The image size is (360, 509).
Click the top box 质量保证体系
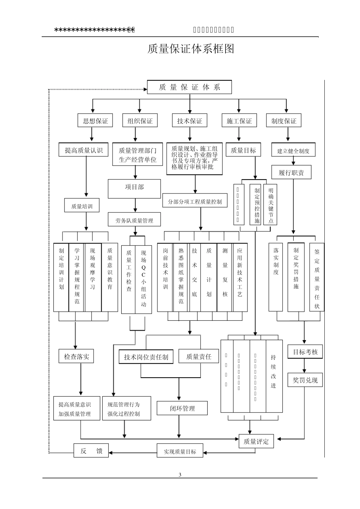point(189,87)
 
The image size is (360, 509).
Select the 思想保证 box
point(95,121)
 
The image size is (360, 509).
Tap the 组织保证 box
point(140,121)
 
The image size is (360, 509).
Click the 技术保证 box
point(189,121)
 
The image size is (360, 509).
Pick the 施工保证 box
point(239,121)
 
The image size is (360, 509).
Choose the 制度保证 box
point(284,121)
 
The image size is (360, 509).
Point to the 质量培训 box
point(81,206)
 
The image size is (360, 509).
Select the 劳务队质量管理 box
point(134,220)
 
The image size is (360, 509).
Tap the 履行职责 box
point(291,173)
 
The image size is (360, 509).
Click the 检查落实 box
point(76,356)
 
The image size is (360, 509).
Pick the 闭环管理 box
point(182,408)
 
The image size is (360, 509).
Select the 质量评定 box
point(256,441)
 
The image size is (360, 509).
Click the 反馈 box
point(91,451)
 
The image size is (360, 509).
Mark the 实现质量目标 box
point(180,451)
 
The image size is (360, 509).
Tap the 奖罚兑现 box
point(305,380)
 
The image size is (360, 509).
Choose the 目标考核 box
point(305,352)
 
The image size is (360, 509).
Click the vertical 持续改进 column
point(274,376)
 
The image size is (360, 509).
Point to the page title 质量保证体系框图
point(191,49)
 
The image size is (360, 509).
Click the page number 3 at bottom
point(180,475)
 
